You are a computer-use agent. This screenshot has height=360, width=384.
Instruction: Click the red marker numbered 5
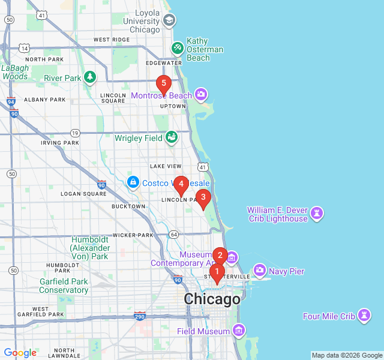click(x=163, y=84)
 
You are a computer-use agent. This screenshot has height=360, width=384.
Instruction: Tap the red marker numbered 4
click(x=181, y=184)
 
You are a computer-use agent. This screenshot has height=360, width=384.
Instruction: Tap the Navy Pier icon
click(x=260, y=271)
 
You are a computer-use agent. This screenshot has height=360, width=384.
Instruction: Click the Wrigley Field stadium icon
click(x=172, y=137)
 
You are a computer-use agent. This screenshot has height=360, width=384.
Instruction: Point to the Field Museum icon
click(x=239, y=331)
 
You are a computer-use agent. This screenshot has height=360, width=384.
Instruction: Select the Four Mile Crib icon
click(x=364, y=316)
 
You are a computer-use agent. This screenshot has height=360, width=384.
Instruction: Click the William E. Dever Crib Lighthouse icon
click(x=317, y=213)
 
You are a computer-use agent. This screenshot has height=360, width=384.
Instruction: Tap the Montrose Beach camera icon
click(x=201, y=95)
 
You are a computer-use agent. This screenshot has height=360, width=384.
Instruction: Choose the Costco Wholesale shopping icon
click(x=133, y=182)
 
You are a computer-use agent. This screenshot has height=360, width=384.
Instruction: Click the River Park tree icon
click(x=90, y=77)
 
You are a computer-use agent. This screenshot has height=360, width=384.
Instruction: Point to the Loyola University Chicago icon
click(x=169, y=21)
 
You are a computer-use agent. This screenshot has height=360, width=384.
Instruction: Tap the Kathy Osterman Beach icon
click(x=178, y=47)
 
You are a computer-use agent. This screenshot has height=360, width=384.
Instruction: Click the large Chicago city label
click(x=212, y=299)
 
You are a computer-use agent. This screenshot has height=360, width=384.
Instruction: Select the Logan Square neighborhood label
click(x=83, y=194)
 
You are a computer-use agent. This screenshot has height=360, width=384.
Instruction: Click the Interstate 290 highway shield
click(x=140, y=316)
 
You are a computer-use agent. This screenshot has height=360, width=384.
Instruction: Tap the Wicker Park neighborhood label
click(x=133, y=235)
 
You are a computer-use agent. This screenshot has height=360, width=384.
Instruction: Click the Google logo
click(x=20, y=353)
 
